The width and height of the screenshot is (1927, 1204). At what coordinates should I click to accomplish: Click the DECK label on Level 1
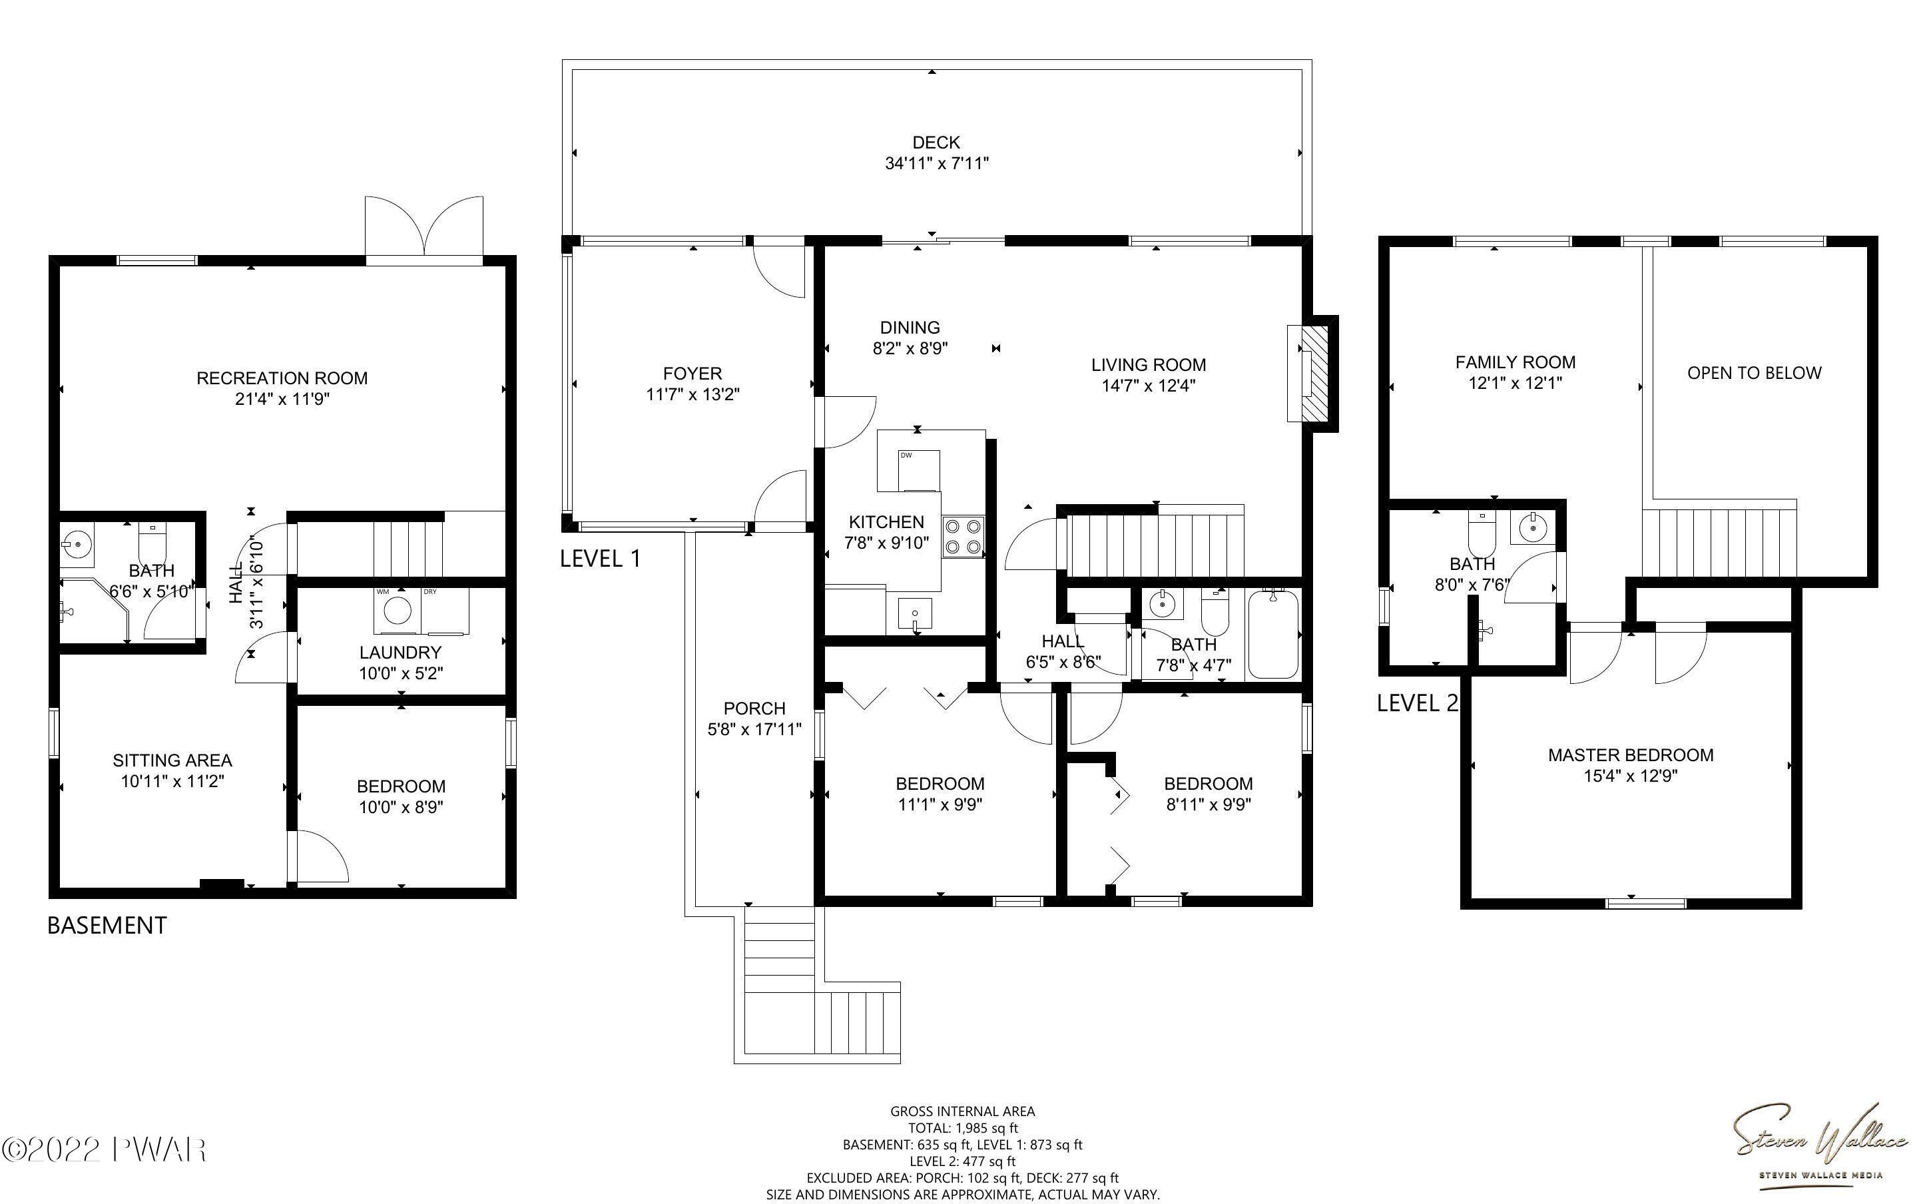936,143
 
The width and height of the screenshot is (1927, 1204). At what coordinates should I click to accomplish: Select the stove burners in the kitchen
963,537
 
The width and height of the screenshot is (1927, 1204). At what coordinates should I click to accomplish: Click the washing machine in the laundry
397,611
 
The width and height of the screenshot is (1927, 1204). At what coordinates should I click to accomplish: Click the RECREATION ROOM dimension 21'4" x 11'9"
282,399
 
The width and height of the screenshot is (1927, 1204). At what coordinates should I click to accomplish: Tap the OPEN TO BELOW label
1755,373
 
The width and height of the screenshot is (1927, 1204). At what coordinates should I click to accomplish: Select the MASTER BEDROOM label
1630,755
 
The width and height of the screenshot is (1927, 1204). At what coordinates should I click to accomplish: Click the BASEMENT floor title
107,925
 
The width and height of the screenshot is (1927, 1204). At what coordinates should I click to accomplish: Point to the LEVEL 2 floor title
1418,703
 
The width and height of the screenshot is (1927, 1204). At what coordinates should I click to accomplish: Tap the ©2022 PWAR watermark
105,1150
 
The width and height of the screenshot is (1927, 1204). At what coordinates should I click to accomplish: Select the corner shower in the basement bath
94,610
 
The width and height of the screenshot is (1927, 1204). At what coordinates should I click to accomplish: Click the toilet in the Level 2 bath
1482,535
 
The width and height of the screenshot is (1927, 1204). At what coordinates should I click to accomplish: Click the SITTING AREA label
172,760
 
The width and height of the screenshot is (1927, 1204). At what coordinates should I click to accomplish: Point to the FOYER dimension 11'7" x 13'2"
692,394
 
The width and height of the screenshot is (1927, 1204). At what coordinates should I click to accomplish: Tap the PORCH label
754,708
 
